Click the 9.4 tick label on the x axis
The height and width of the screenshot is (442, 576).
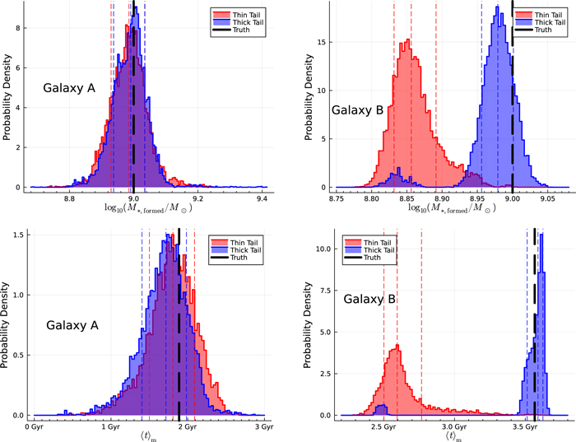(262, 199)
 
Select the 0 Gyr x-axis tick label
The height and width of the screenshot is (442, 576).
(33, 428)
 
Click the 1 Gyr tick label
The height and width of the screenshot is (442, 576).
(109, 428)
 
